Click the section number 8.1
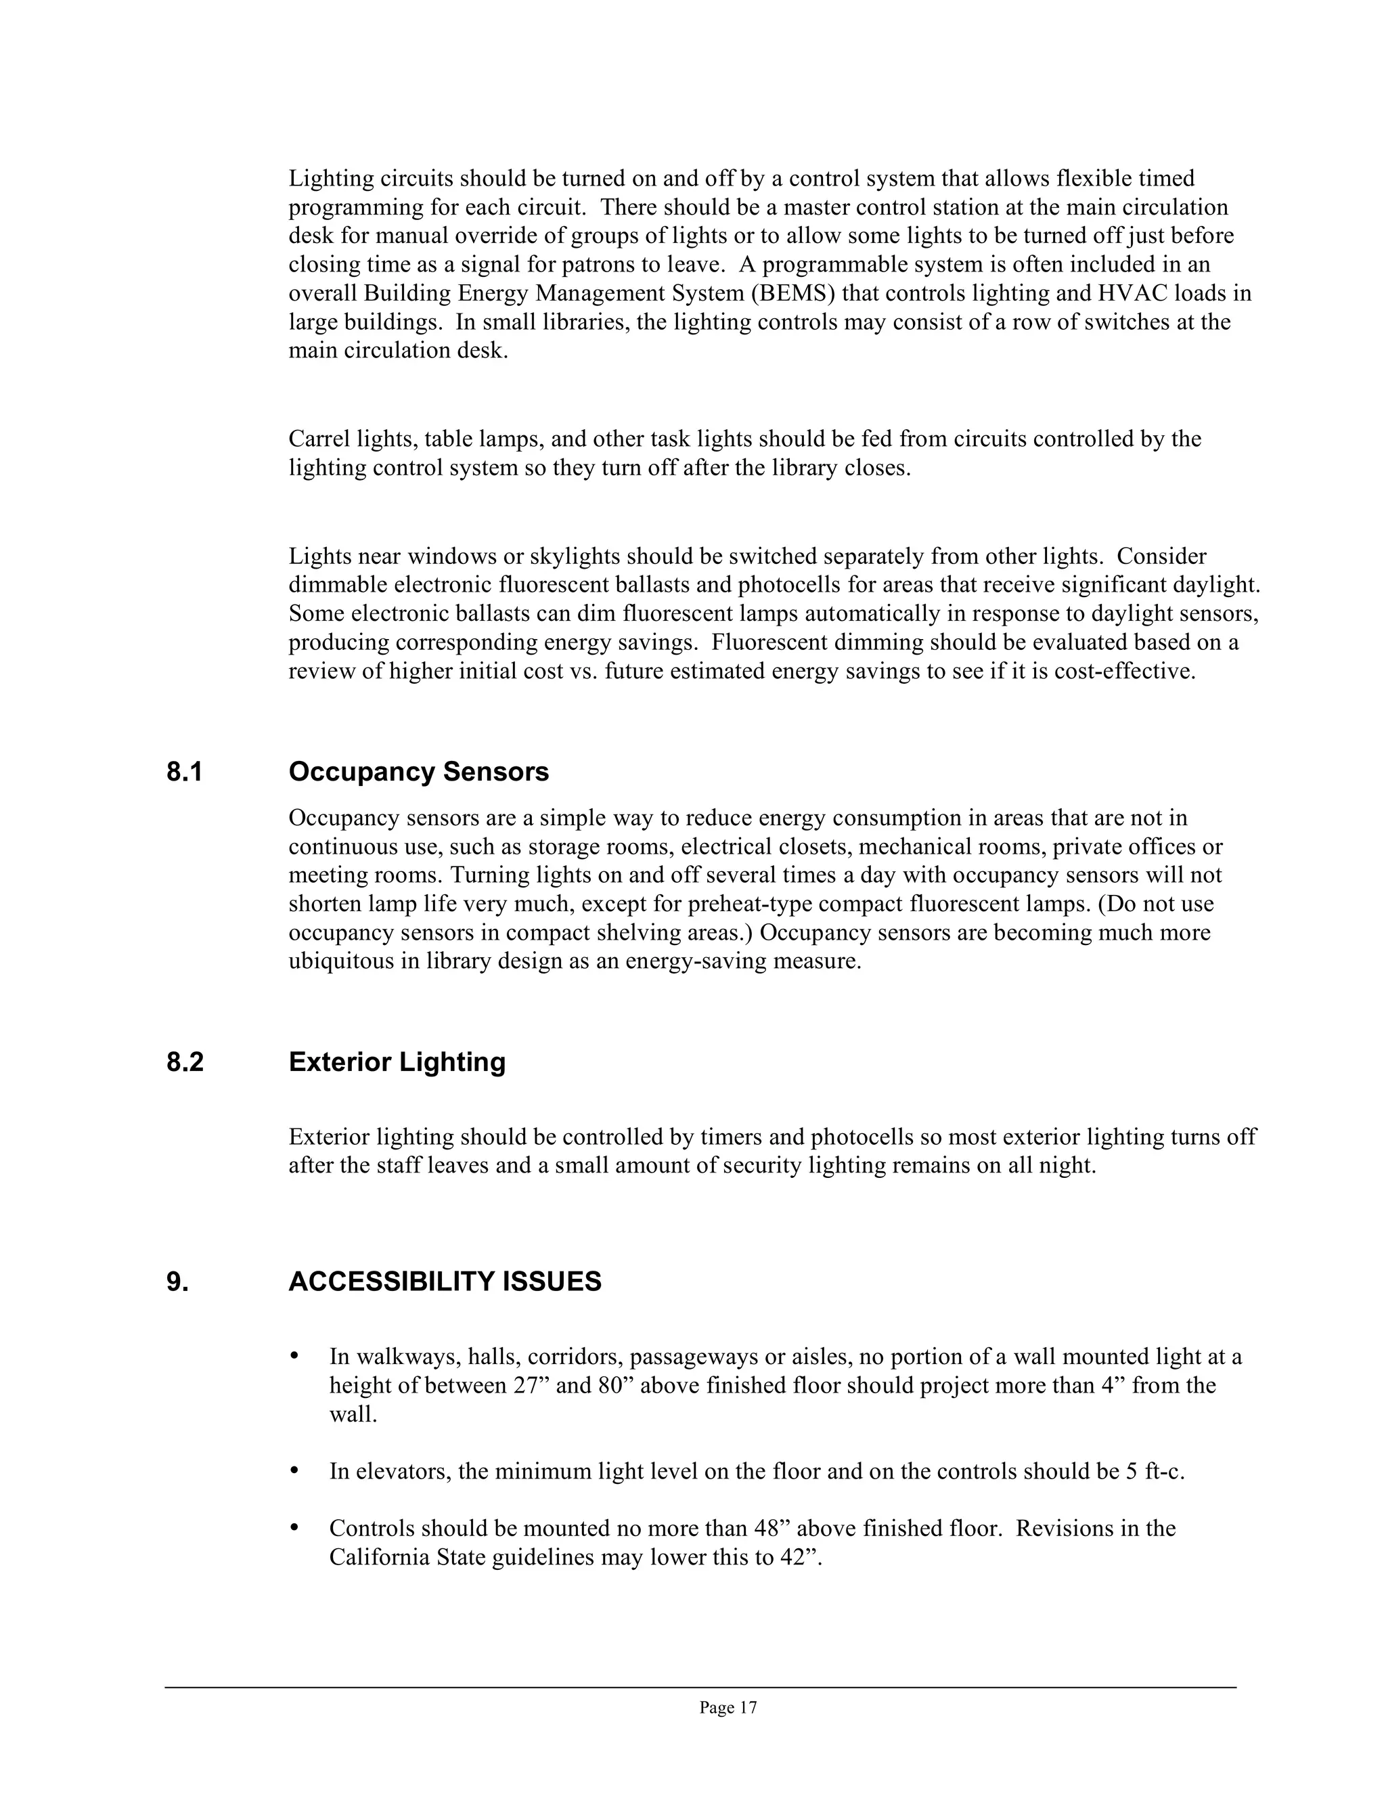tap(184, 772)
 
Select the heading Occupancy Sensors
tap(418, 772)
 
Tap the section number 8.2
tap(185, 1062)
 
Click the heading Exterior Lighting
tap(397, 1062)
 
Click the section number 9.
tap(177, 1282)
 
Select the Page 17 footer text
tap(728, 1708)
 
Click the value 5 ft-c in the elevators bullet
tap(1155, 1470)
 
